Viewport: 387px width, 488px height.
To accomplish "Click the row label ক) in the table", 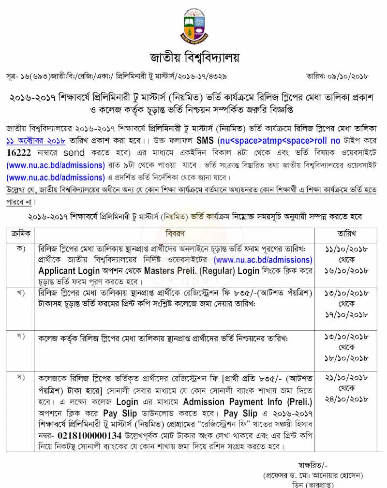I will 21,248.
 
